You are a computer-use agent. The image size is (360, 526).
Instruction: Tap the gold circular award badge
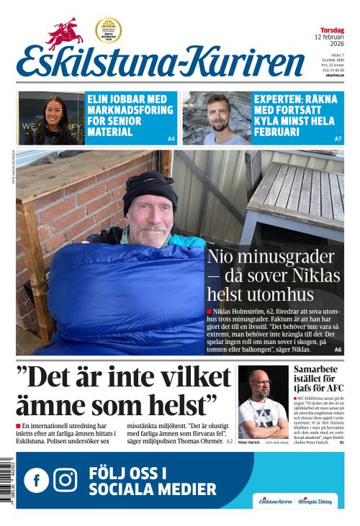tap(108, 30)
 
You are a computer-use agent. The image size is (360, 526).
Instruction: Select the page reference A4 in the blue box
tap(171, 138)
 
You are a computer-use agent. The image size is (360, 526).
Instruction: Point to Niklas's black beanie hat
tap(149, 189)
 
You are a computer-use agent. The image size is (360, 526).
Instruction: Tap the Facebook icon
tap(36, 480)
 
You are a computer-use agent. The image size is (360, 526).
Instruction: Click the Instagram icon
tap(66, 480)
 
